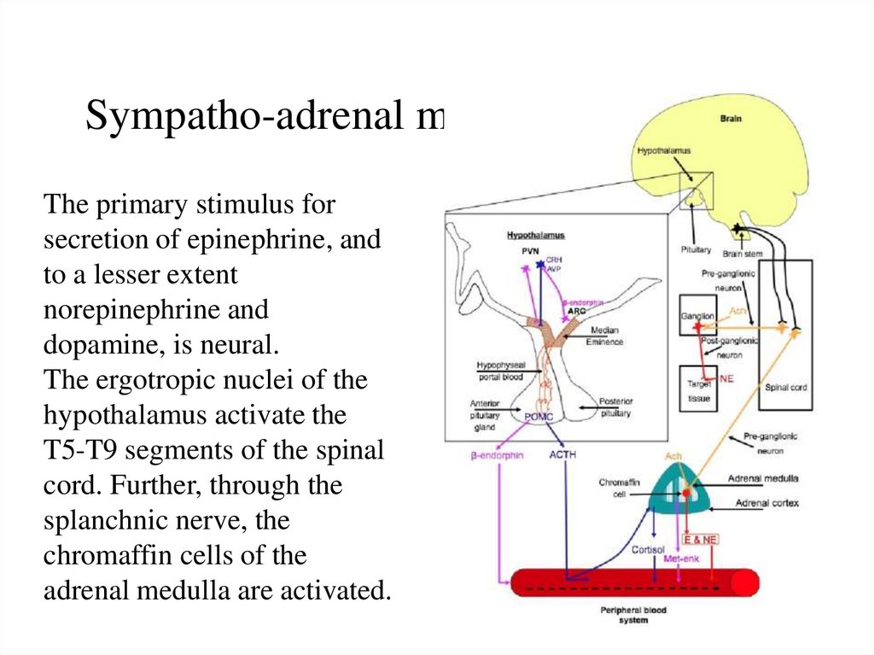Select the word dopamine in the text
click(99, 345)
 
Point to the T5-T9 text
click(84, 450)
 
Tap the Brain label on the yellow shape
click(730, 119)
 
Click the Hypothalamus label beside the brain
click(663, 151)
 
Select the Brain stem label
click(743, 253)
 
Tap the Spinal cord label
click(785, 387)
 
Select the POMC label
click(540, 415)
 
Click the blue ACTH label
click(562, 455)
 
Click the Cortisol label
click(648, 548)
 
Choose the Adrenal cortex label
click(766, 503)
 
